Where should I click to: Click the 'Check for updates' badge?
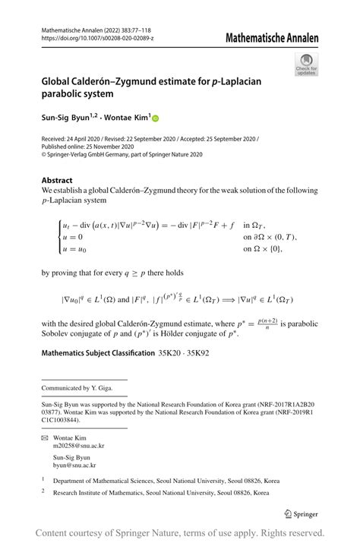pyautogui.click(x=306, y=64)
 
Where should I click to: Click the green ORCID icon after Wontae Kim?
pyautogui.click(x=156, y=118)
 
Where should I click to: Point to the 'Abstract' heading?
pyautogui.click(x=57, y=180)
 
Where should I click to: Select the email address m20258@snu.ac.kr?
pyautogui.click(x=74, y=448)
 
